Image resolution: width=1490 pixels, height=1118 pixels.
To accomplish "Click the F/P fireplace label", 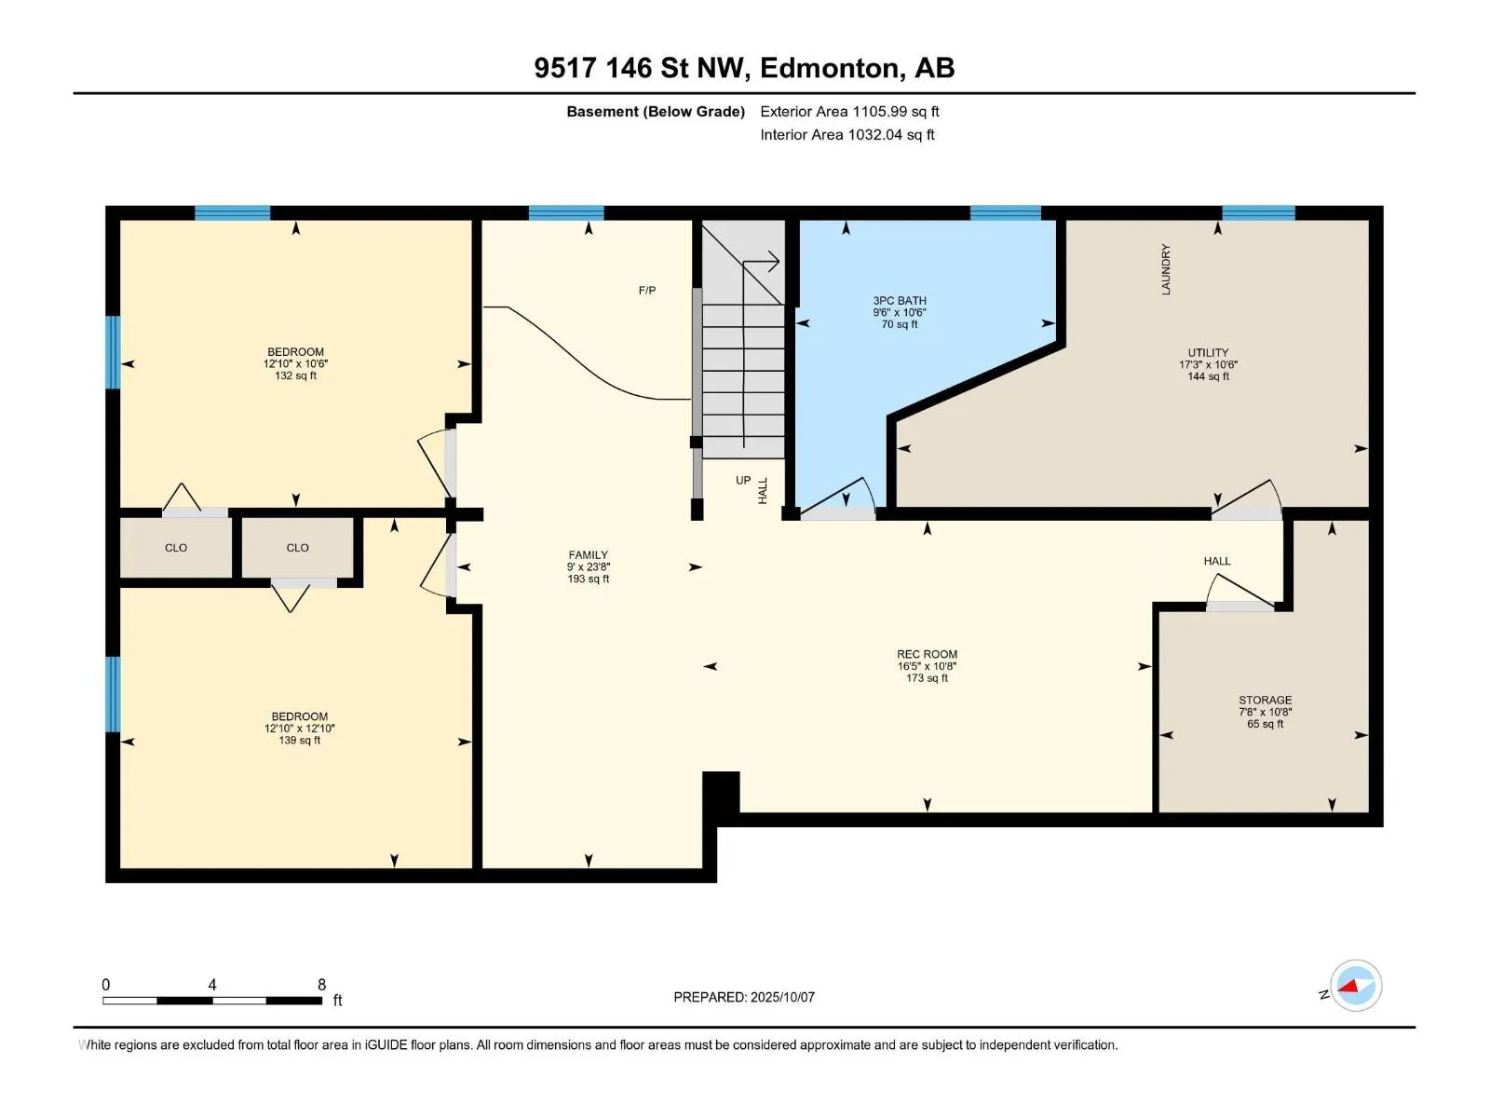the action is coord(647,291).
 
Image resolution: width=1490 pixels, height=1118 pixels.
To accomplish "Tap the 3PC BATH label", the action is coord(900,301).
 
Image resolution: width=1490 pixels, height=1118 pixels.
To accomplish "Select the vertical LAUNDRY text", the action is coord(1166,269).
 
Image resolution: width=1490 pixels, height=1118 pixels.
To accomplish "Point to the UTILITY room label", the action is coord(1208,352).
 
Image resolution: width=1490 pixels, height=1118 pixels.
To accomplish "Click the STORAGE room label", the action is coord(1265,700).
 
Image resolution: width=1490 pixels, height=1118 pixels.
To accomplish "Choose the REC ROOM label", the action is coord(927,654).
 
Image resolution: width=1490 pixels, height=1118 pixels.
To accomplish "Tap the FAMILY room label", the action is coord(588,554).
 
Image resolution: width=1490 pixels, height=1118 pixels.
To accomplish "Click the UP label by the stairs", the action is coord(743,480).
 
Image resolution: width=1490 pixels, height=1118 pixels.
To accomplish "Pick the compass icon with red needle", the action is coord(1356,985).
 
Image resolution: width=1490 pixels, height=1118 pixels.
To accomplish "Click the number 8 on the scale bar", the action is coord(322,984).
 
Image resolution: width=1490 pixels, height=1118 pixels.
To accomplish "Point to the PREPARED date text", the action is coord(744,997).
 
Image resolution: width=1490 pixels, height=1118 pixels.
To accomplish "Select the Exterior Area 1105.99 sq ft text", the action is coord(849,111).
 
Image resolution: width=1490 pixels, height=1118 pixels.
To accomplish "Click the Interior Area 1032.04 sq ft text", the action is coord(847,134).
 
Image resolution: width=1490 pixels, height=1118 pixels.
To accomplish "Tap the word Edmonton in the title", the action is coord(831,69).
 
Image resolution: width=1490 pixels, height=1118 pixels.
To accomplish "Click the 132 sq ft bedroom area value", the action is coord(295,375).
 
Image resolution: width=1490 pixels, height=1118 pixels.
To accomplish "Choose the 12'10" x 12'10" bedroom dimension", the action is coord(299,729).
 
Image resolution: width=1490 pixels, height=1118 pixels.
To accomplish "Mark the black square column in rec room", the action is coord(721,791).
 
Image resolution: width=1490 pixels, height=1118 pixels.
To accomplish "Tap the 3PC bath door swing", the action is coord(839,494).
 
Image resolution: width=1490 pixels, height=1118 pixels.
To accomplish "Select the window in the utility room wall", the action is coord(1258,212).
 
